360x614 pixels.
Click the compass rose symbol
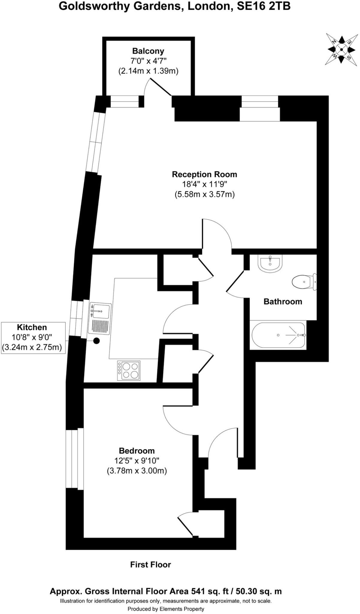[x=341, y=49]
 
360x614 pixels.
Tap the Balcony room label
[x=148, y=51]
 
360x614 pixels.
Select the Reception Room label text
[x=204, y=174]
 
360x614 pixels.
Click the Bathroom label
[x=283, y=302]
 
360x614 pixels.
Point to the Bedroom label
[x=137, y=451]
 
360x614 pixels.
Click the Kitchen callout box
[x=33, y=338]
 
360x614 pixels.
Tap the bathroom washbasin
[x=270, y=264]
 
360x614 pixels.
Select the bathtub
[x=278, y=335]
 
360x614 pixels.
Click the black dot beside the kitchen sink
[x=96, y=341]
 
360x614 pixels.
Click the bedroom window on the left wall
[x=74, y=459]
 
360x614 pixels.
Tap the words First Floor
[x=150, y=565]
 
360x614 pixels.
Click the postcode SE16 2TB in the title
[x=263, y=6]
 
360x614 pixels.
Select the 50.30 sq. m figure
[x=259, y=591]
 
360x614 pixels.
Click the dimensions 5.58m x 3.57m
[x=204, y=194]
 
